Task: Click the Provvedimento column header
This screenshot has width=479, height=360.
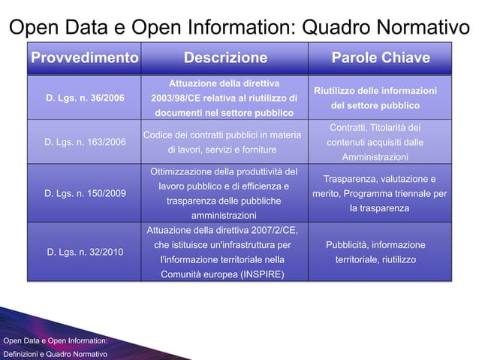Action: pyautogui.click(x=83, y=58)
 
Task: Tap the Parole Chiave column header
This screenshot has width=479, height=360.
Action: pyautogui.click(x=381, y=58)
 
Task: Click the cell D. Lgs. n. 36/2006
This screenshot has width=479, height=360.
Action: pyautogui.click(x=86, y=98)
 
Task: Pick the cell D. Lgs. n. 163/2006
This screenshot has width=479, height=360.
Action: pyautogui.click(x=86, y=142)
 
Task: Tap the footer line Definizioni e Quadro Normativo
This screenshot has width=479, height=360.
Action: pyautogui.click(x=54, y=352)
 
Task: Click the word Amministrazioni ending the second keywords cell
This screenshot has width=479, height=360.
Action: pyautogui.click(x=375, y=157)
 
